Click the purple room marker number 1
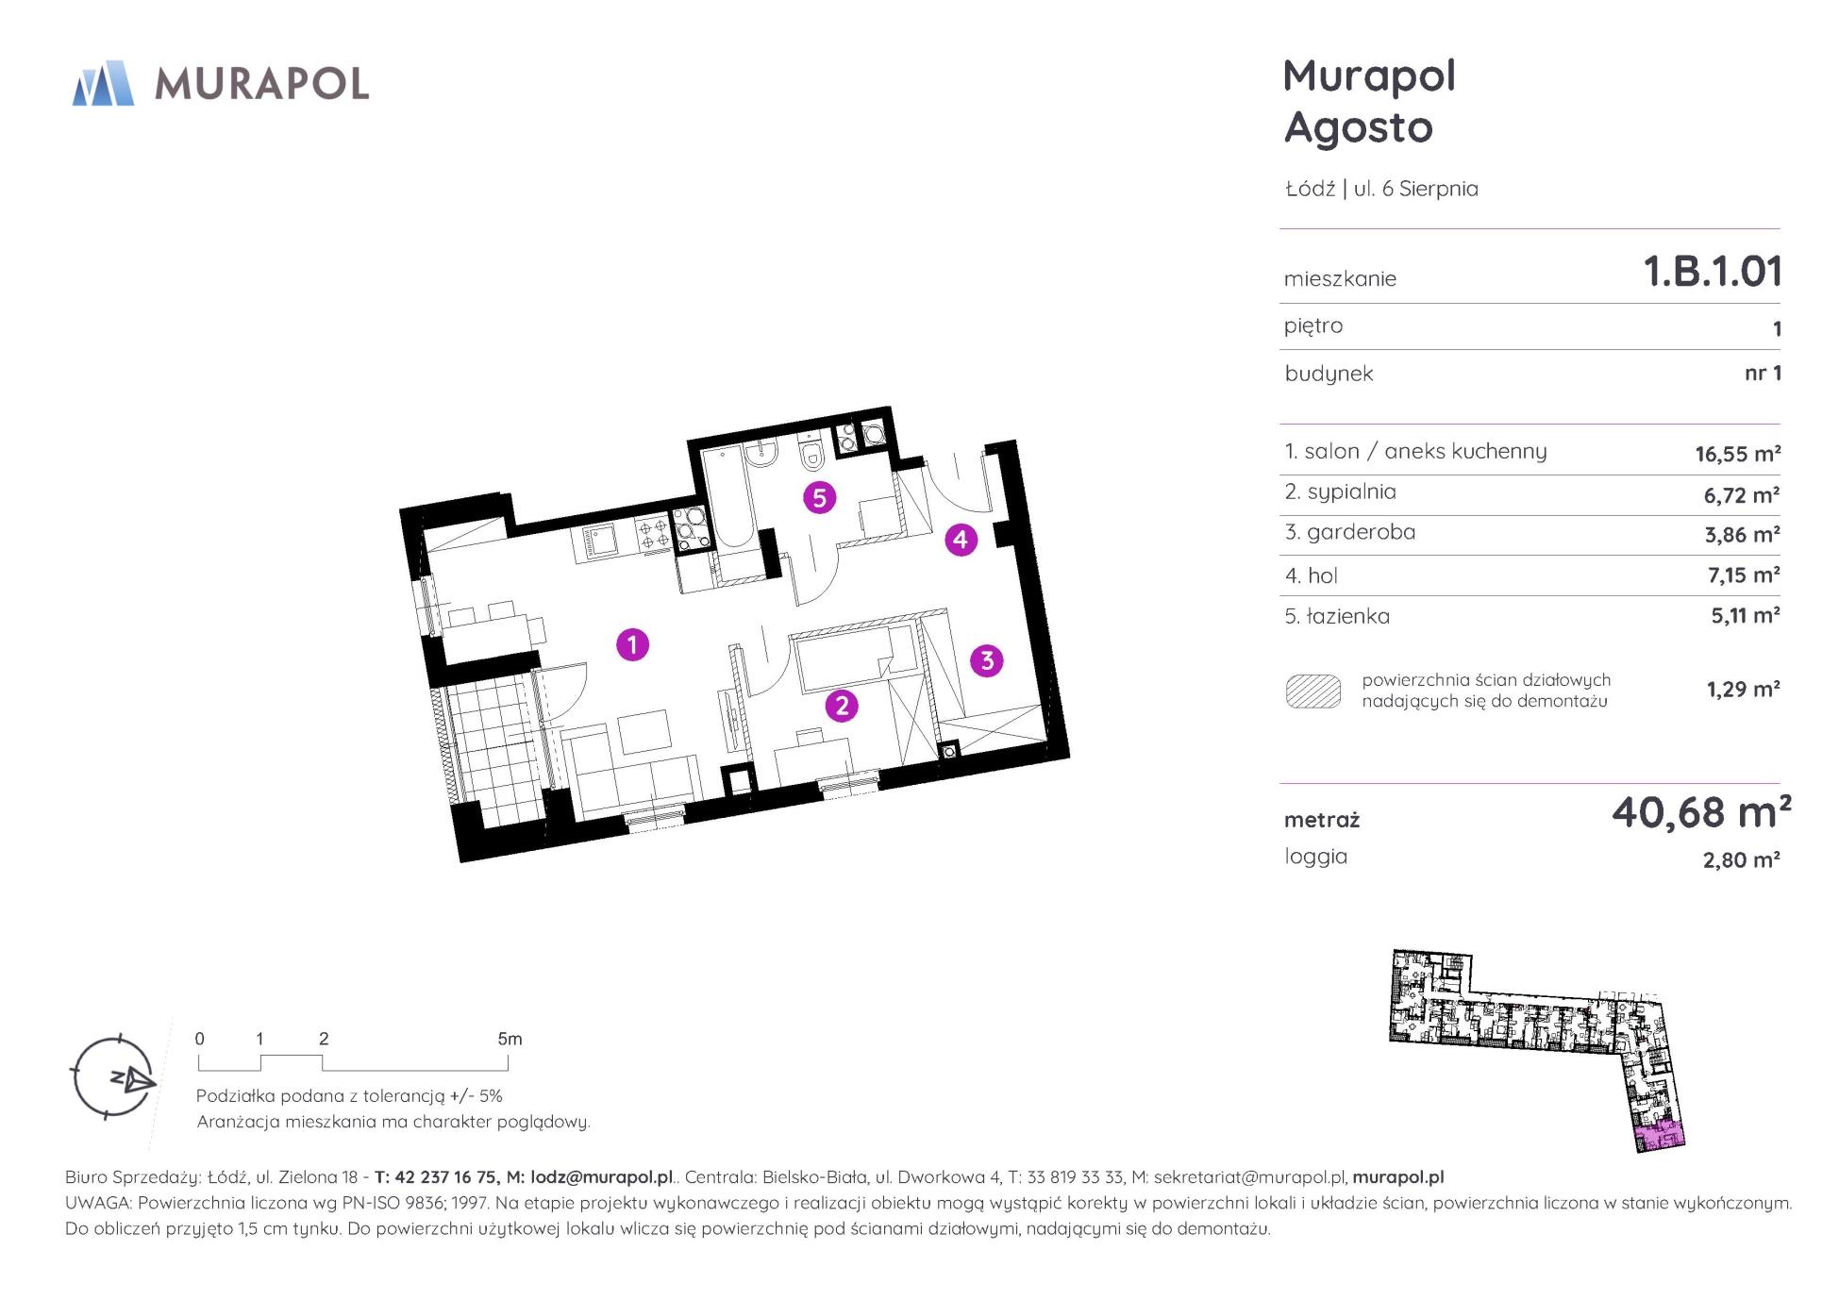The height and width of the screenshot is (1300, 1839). tap(632, 644)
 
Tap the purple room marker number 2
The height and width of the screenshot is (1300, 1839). tap(841, 705)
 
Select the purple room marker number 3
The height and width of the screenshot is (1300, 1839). tap(987, 660)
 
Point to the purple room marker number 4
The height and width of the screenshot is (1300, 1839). tap(961, 540)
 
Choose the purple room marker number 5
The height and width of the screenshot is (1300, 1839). tap(819, 497)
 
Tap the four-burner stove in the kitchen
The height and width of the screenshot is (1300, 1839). tap(653, 534)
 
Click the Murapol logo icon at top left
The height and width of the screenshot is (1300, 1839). tap(103, 83)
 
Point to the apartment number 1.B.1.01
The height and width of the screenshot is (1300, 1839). tap(1713, 272)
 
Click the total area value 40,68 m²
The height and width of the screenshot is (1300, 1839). tap(1700, 812)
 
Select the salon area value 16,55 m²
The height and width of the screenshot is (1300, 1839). tap(1737, 454)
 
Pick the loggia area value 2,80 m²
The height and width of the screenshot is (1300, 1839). tap(1741, 860)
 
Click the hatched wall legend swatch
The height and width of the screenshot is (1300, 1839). tap(1312, 692)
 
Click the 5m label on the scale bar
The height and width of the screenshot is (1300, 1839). tap(510, 1040)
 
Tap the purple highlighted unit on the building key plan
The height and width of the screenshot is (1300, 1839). tap(1658, 1137)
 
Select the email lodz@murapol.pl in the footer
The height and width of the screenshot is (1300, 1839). tap(602, 1177)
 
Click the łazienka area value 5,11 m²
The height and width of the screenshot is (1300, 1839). tap(1745, 616)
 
